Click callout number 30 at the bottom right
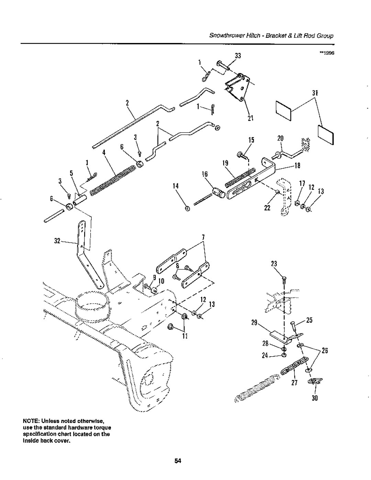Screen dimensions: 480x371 coord(315,399)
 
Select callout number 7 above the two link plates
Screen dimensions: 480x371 coord(203,237)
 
